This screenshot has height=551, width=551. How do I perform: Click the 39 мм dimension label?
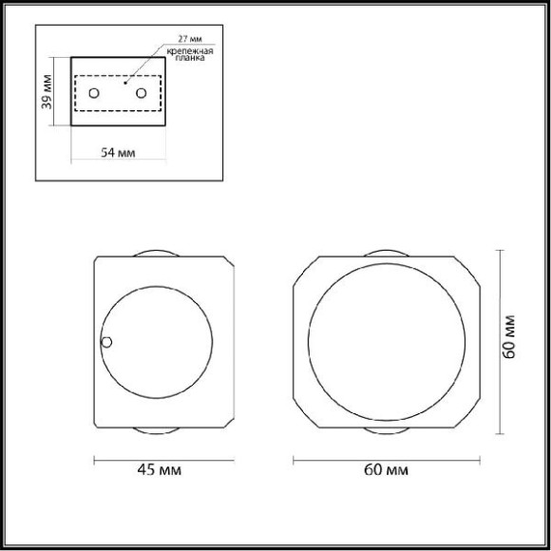pyautogui.click(x=47, y=92)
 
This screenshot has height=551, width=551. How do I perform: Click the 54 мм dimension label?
pyautogui.click(x=118, y=153)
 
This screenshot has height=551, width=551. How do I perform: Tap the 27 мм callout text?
pyautogui.click(x=190, y=39)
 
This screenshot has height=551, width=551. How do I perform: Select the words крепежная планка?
pyautogui.click(x=190, y=54)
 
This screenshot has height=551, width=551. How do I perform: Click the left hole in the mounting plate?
pyautogui.click(x=94, y=93)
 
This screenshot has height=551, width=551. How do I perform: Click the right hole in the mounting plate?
pyautogui.click(x=142, y=93)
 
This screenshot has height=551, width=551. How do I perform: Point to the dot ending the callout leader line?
pyautogui.click(x=125, y=83)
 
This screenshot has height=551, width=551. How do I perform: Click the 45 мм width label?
pyautogui.click(x=160, y=469)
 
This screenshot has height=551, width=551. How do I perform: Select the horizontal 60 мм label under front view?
pyautogui.click(x=387, y=469)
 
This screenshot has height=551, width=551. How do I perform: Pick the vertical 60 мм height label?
pyautogui.click(x=509, y=337)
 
